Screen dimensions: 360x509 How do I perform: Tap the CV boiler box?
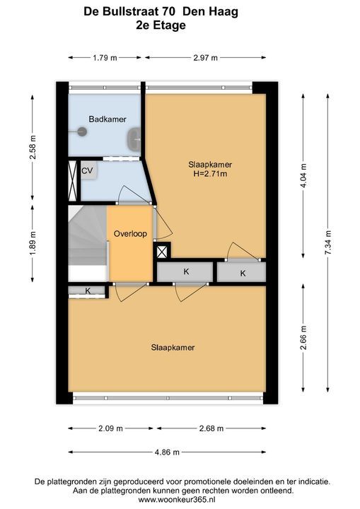[x=88, y=170]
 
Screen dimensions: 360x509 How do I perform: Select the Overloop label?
[x=130, y=234]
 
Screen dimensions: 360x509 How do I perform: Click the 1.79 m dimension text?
[x=105, y=58]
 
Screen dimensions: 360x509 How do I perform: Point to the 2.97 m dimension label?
[x=205, y=58]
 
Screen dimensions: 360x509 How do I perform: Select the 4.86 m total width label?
[x=167, y=452]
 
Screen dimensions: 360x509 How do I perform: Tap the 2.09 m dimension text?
[x=110, y=428]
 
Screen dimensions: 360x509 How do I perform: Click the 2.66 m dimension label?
[x=303, y=338]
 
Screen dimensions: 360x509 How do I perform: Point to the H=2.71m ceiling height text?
[x=210, y=174]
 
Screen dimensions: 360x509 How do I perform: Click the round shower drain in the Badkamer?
[x=82, y=131]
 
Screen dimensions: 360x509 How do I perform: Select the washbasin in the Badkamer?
[x=134, y=139]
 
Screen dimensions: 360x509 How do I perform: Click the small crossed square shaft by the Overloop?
[x=162, y=252]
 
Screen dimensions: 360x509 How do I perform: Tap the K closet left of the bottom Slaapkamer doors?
[x=88, y=291]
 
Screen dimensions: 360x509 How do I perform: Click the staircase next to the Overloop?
[x=88, y=244]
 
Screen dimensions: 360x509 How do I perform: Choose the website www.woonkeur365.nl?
[x=180, y=500]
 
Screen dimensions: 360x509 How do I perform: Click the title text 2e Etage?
[x=161, y=25]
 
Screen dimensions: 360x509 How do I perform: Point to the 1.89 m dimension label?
[x=32, y=243]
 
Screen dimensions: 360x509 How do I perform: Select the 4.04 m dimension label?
[x=303, y=176]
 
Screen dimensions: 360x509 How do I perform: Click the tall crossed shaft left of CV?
[x=72, y=181]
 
